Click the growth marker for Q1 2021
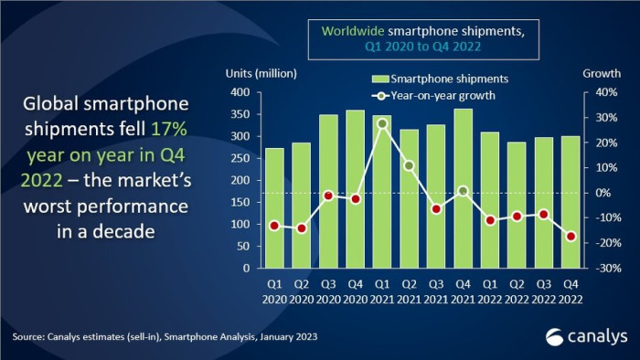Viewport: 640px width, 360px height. (x=382, y=123)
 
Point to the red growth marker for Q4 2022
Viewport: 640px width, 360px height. (x=571, y=237)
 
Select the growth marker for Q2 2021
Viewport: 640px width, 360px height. (x=409, y=165)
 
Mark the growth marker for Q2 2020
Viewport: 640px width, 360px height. (x=275, y=228)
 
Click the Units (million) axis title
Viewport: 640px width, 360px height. (x=261, y=74)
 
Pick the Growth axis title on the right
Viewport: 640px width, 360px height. (x=600, y=74)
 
